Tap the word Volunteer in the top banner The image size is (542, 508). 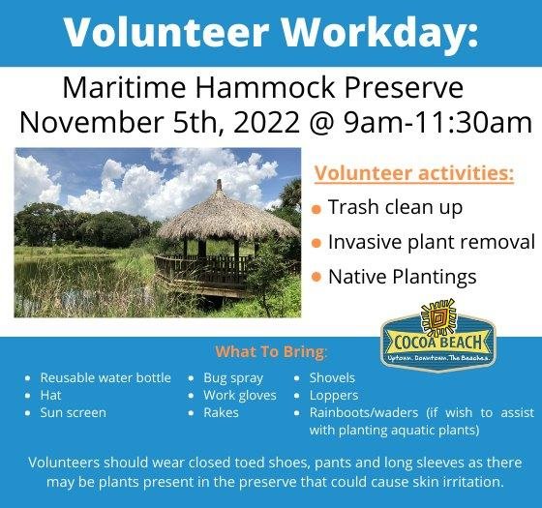(166, 33)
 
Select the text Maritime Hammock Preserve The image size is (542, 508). (262, 89)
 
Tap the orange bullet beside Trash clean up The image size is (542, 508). (316, 209)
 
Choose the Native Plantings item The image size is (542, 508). (403, 277)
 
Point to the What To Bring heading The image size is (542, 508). (271, 350)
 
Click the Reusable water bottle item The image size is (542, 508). (105, 377)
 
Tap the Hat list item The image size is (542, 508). (50, 395)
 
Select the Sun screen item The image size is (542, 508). (74, 412)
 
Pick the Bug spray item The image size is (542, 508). (233, 377)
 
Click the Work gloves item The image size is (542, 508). (240, 395)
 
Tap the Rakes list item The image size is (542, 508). (223, 412)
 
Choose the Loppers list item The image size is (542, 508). (333, 395)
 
